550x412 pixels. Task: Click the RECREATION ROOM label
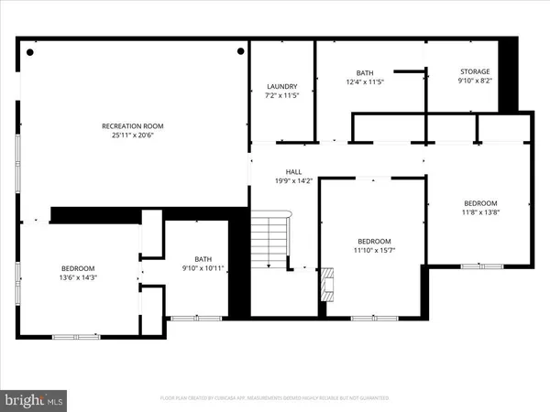[x=126, y=125]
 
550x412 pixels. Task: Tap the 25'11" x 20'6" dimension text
[x=126, y=136]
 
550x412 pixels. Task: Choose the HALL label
[x=293, y=171]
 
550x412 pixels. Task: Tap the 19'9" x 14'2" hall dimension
[x=293, y=180]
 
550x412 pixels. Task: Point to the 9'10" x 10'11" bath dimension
[x=203, y=268]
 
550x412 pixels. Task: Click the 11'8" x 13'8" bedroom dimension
[x=479, y=212]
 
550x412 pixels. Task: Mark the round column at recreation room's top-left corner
[x=30, y=52]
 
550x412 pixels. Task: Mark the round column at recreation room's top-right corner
[x=240, y=52]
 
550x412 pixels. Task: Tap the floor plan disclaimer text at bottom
[x=274, y=398]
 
